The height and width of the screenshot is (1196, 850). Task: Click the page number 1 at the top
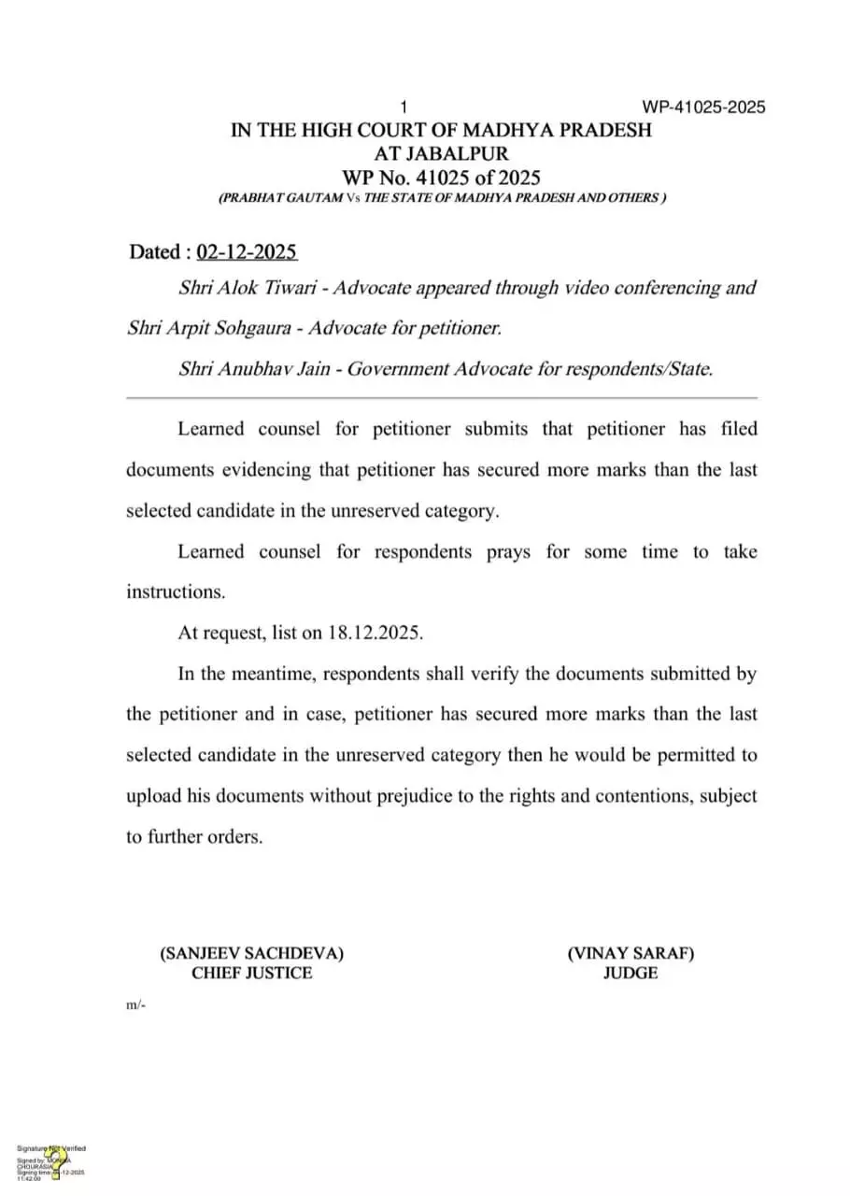pyautogui.click(x=404, y=107)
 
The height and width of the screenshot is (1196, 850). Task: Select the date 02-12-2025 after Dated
pyautogui.click(x=247, y=252)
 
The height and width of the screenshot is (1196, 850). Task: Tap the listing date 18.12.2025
pyautogui.click(x=375, y=633)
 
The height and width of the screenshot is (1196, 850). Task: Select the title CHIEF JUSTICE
pyautogui.click(x=252, y=973)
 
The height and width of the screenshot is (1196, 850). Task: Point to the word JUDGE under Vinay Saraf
pyautogui.click(x=630, y=973)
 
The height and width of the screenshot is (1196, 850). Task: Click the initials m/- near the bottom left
pyautogui.click(x=135, y=1005)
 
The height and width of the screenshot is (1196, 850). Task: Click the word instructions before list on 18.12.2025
pyautogui.click(x=175, y=591)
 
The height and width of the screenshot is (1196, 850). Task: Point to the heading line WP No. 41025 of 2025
pyautogui.click(x=442, y=177)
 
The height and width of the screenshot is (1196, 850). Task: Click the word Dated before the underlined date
pyautogui.click(x=154, y=252)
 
